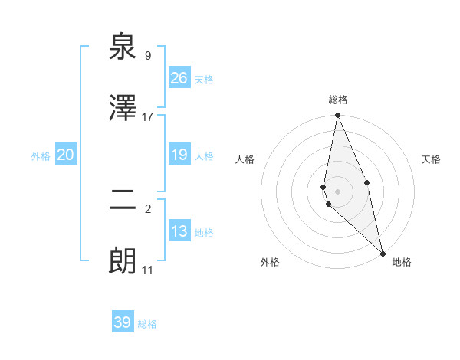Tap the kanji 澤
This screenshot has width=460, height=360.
123,108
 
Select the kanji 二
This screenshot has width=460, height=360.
123,201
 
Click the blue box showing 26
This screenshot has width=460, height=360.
179,78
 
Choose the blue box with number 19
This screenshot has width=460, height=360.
179,155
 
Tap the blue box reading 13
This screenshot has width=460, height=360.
179,231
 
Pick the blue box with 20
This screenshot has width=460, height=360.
66,155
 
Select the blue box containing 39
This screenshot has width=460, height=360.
123,322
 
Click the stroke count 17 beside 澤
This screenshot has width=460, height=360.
148,116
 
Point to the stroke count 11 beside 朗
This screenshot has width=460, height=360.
148,270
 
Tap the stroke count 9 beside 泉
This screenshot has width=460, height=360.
148,55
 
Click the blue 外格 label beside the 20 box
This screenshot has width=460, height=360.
41,156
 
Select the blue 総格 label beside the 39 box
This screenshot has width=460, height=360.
147,324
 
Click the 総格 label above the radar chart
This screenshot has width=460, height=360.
338,100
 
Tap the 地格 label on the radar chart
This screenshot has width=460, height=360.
402,262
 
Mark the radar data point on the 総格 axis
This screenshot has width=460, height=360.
338,116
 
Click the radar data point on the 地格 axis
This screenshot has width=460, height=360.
383,253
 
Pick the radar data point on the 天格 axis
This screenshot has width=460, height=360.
367,182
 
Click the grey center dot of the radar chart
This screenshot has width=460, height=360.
338,191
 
